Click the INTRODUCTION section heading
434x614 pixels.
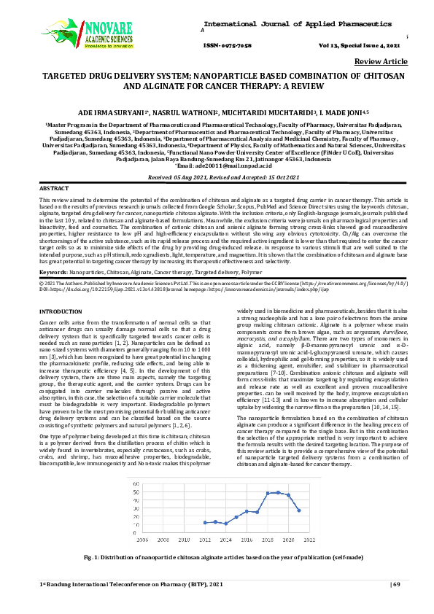(x=61, y=311)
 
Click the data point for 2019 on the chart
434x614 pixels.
(x=278, y=492)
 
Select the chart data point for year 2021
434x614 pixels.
(x=299, y=510)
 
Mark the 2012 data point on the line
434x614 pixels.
(x=205, y=523)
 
